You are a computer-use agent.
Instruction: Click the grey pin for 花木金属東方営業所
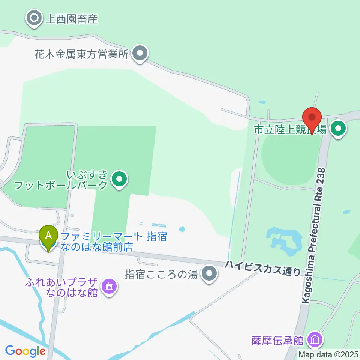point(140,54)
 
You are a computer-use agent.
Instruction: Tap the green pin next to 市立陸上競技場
point(339,130)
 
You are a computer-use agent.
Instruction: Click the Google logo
point(25,351)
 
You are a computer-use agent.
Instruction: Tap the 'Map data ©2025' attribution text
point(328,354)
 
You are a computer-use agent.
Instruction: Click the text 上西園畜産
point(71,19)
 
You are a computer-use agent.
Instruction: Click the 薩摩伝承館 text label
point(277,340)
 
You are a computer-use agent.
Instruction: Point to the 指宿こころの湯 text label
point(161,274)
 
